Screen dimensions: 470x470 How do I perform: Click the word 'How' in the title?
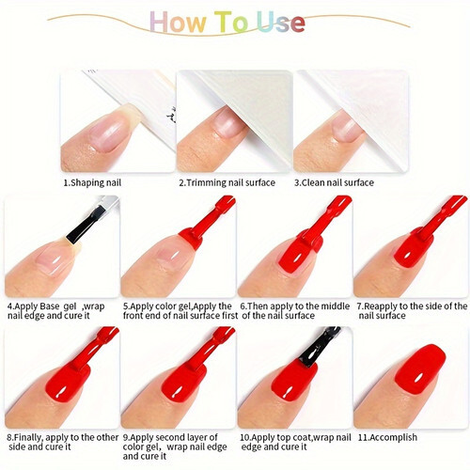tap(179, 22)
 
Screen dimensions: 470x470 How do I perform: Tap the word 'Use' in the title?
tap(280, 22)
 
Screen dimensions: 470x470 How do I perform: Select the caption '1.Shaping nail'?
tap(92, 182)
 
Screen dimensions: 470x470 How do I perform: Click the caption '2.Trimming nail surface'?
tap(227, 182)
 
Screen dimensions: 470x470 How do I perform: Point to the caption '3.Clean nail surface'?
tap(334, 182)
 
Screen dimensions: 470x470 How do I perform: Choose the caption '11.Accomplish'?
tap(387, 437)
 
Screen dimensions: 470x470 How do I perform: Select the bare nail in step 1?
tap(111, 130)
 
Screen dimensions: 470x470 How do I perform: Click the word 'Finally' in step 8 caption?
tap(27, 437)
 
